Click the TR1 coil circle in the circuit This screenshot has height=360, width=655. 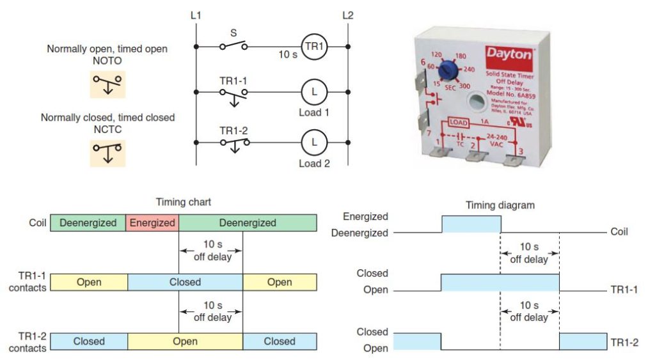(314, 46)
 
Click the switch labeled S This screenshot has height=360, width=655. (233, 45)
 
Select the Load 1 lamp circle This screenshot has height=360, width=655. (314, 92)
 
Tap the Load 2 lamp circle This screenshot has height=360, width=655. (314, 142)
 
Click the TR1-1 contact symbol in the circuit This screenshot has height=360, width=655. (233, 93)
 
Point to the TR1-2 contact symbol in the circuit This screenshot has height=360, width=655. (233, 143)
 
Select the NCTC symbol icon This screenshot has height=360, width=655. (107, 153)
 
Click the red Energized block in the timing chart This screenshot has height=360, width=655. (153, 223)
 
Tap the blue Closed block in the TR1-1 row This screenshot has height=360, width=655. (185, 282)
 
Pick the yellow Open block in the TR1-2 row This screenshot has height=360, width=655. (185, 341)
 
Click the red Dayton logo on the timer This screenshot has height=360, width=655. (509, 54)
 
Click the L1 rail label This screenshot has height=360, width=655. (196, 15)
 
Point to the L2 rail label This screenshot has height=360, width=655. (347, 15)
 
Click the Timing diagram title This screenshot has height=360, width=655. (501, 205)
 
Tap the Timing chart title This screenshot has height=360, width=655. (184, 202)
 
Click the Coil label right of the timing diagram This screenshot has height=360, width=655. (619, 231)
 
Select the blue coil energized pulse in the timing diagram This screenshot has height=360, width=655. (471, 224)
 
